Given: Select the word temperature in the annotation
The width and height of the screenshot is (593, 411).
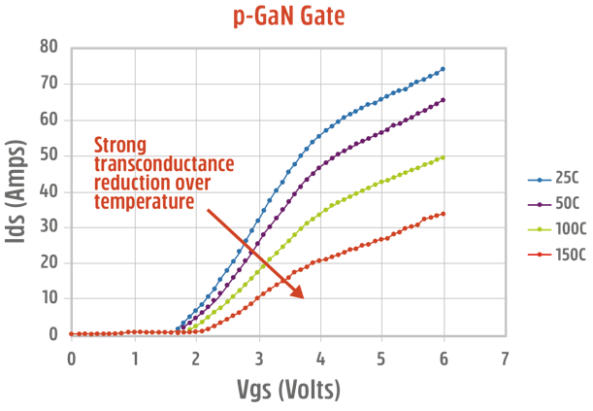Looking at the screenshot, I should [x=143, y=201].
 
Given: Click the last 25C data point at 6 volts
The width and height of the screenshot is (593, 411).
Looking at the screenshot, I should [x=443, y=69].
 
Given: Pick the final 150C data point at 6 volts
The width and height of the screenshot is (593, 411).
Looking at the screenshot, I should [x=443, y=214].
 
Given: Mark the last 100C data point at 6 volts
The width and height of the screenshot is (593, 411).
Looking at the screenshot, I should [x=443, y=157].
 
